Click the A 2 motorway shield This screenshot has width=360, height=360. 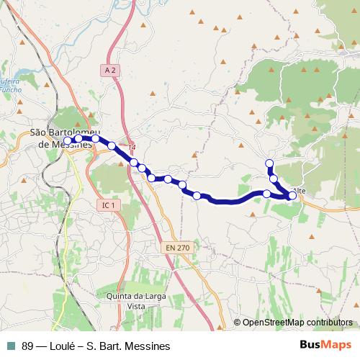pos(109,70)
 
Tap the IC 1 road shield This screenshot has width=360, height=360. pos(109,205)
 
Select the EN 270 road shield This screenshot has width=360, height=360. pos(178,248)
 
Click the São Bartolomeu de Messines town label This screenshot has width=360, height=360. pos(63,138)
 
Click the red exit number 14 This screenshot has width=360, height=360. pos(132,147)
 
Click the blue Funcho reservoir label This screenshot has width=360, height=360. pos(9,86)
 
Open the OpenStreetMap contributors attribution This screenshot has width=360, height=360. pos(297,323)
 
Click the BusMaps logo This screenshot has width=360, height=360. pos(325,346)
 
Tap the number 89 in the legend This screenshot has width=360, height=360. pos(28,346)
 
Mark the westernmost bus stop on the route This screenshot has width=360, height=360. pos(68,141)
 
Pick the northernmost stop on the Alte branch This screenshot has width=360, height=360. pos(270,163)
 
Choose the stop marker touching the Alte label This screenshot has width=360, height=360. pos(292,195)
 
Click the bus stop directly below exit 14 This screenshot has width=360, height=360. pos(134,163)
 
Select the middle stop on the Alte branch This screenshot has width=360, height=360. pos(274,178)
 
